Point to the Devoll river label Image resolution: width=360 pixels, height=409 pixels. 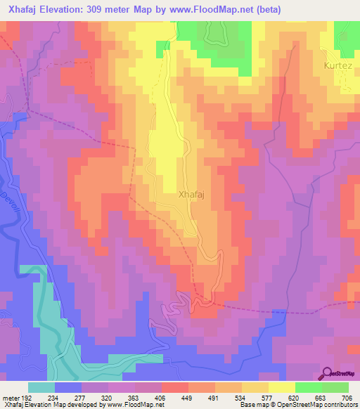[x=9, y=203]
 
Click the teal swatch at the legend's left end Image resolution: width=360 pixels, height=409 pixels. [x=41, y=387]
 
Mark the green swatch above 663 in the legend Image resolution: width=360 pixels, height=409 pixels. [x=308, y=387]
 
